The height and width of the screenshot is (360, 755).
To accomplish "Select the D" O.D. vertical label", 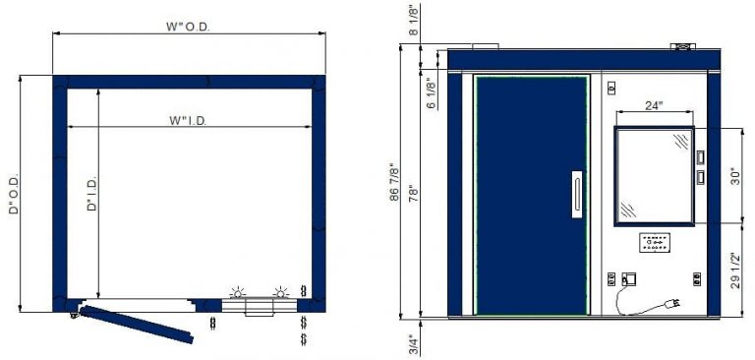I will pos(14,195).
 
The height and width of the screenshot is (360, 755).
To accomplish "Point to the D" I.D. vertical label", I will pos(92,194).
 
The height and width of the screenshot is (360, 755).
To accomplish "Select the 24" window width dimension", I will pos(655,105).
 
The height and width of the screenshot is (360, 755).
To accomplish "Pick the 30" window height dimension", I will pos(734,176).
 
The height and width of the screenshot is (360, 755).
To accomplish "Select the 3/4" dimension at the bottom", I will pos(414,343).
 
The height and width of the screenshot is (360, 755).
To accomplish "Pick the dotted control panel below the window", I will pos(654,241).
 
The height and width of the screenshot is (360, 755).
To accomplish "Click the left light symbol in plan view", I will pos(236,294).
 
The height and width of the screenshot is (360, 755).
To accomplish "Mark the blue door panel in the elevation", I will pos(531,195).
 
